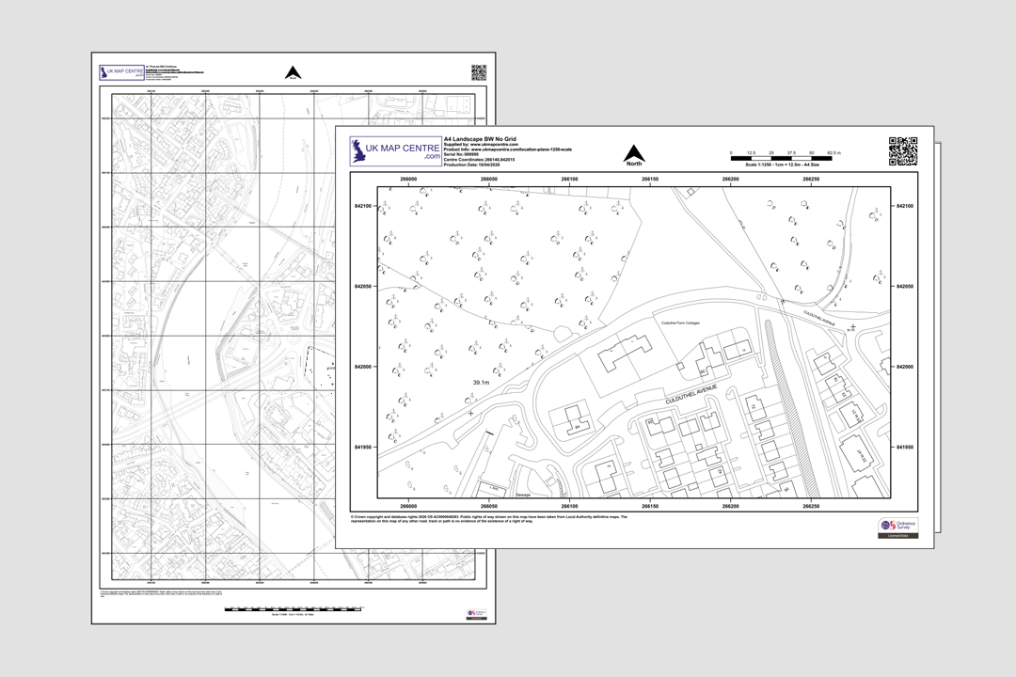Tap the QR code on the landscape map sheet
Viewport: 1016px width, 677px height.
(x=902, y=151)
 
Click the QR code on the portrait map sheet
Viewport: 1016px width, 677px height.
(x=478, y=72)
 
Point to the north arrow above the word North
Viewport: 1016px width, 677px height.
(x=634, y=152)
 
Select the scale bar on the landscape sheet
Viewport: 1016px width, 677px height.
(x=786, y=158)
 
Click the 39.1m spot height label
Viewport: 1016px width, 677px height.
(x=481, y=383)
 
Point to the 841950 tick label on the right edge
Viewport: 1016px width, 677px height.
(x=902, y=448)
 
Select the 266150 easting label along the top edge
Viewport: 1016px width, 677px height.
(x=650, y=179)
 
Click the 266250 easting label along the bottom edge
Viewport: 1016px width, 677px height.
(x=811, y=506)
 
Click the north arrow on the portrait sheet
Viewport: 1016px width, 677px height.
(x=293, y=72)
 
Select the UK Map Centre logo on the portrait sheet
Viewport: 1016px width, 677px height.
(x=122, y=73)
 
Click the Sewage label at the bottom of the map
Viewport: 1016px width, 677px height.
(x=524, y=493)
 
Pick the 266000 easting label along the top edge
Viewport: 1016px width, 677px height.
(x=409, y=179)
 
